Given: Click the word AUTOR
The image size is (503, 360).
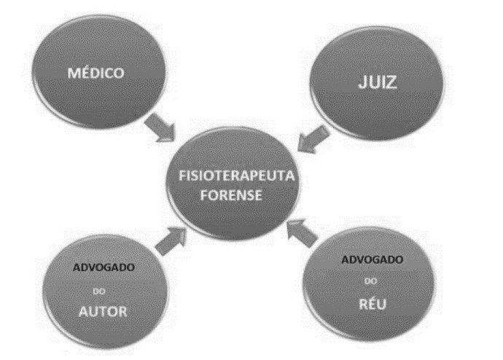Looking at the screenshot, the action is point(103,313).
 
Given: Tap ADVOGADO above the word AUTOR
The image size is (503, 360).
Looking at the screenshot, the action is point(102,266).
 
